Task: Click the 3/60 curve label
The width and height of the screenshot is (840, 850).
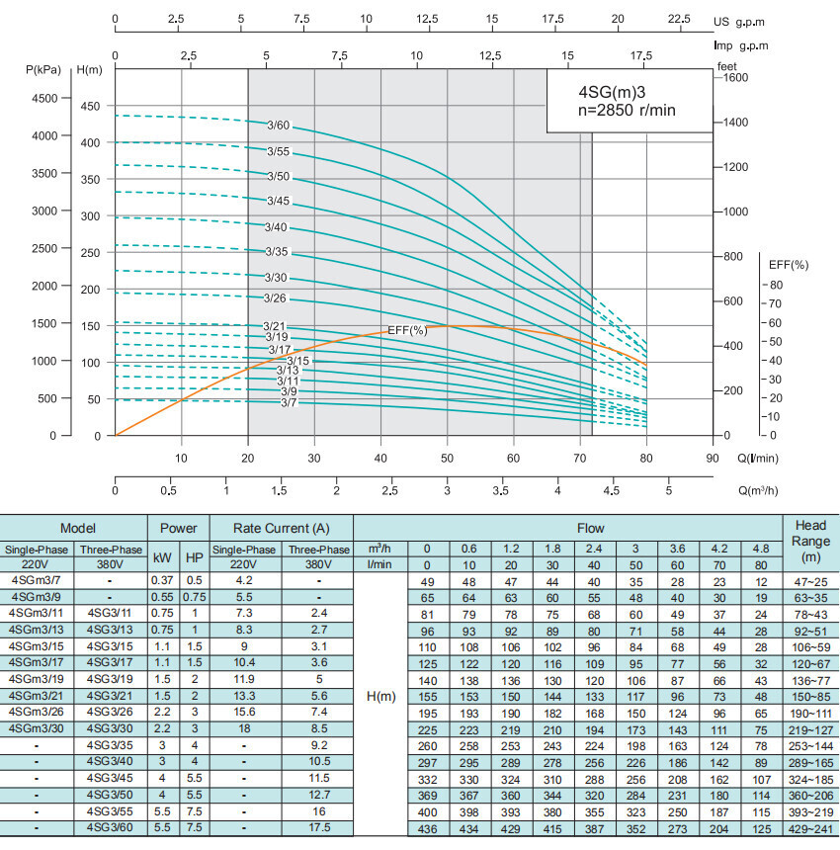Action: tap(278, 125)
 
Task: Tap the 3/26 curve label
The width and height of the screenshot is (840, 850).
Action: tap(275, 297)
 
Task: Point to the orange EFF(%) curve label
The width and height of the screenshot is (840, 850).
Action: tap(407, 330)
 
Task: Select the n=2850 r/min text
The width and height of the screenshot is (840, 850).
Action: tap(627, 111)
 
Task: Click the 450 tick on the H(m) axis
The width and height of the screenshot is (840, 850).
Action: tap(90, 106)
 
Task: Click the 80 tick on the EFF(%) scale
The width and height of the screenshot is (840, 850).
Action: tap(775, 285)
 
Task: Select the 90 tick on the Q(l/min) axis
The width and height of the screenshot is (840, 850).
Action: tap(712, 458)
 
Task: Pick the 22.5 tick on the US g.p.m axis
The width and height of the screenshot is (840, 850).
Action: tap(680, 19)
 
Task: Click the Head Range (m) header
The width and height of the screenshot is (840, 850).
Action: tap(810, 541)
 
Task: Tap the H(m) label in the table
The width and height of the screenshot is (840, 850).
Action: tap(380, 697)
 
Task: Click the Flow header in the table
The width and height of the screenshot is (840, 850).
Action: tap(590, 528)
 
